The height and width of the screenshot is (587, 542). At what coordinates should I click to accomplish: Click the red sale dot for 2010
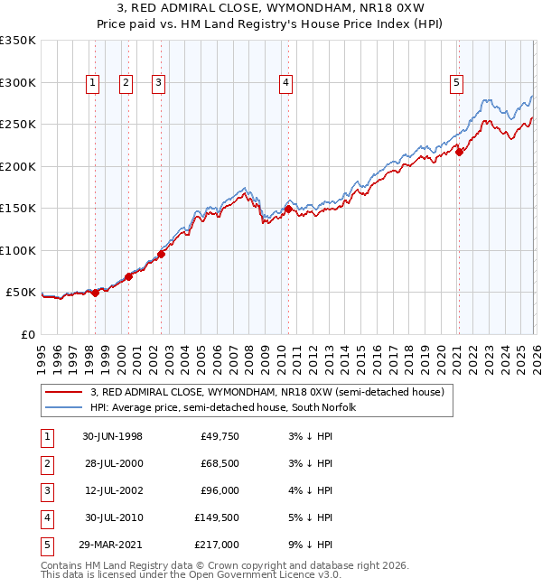pyautogui.click(x=288, y=209)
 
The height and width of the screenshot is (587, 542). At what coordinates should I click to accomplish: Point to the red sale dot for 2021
pyautogui.click(x=459, y=152)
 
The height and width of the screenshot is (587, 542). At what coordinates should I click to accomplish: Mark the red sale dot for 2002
pyautogui.click(x=161, y=254)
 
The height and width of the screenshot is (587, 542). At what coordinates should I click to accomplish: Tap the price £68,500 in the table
pyautogui.click(x=220, y=463)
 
